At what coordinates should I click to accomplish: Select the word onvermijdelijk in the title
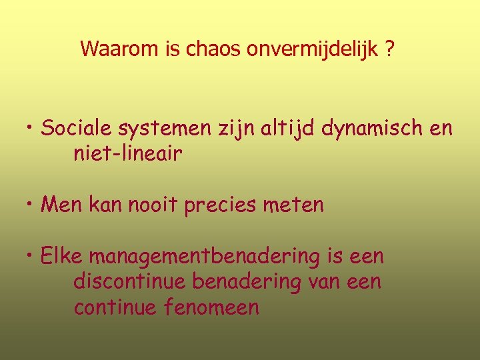click(x=312, y=49)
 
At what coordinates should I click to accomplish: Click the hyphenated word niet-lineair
click(x=127, y=154)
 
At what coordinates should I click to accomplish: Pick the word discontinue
click(x=129, y=281)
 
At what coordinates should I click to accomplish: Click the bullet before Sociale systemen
click(x=31, y=127)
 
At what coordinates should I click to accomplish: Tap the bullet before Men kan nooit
click(x=31, y=204)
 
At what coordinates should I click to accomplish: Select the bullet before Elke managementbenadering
click(x=31, y=255)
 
